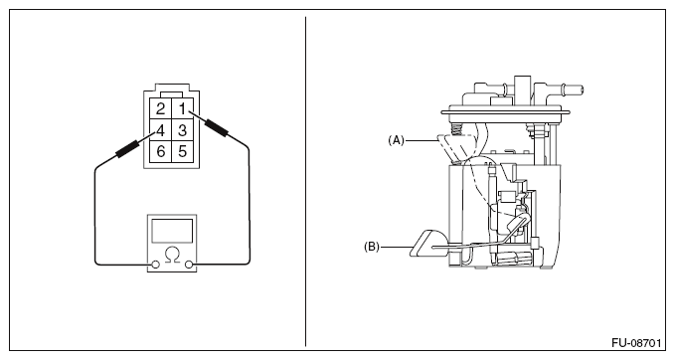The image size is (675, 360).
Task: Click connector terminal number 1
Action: tap(183, 109)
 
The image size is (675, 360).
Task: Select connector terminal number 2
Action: tap(161, 109)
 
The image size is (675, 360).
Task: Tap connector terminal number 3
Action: tap(183, 130)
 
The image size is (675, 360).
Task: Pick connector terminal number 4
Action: tap(161, 130)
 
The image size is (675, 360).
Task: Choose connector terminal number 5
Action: tap(183, 151)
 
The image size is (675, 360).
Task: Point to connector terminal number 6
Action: tap(161, 151)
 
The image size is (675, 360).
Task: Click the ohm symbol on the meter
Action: tap(172, 255)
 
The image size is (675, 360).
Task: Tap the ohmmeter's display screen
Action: tap(172, 231)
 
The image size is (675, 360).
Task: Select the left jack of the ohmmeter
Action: tap(156, 265)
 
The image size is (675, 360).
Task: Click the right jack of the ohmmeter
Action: tap(189, 265)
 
